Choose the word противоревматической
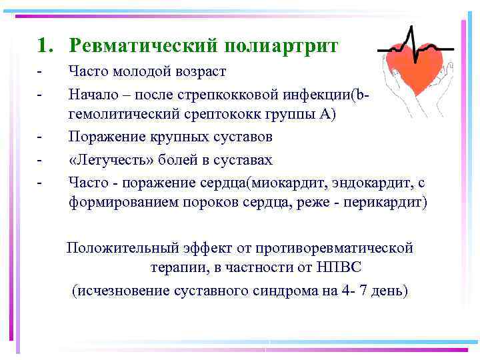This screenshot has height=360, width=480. [x=340, y=248]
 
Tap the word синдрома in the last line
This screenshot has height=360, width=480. [x=283, y=291]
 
